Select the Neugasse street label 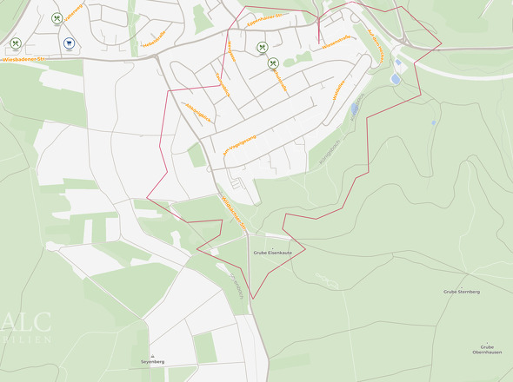pyautogui.click(x=231, y=51)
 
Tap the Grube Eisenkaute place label pyautogui.click(x=273, y=253)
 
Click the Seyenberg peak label pyautogui.click(x=152, y=361)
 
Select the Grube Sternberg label pyautogui.click(x=462, y=292)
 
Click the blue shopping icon pyautogui.click(x=69, y=43)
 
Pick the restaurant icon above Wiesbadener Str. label pyautogui.click(x=16, y=43)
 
